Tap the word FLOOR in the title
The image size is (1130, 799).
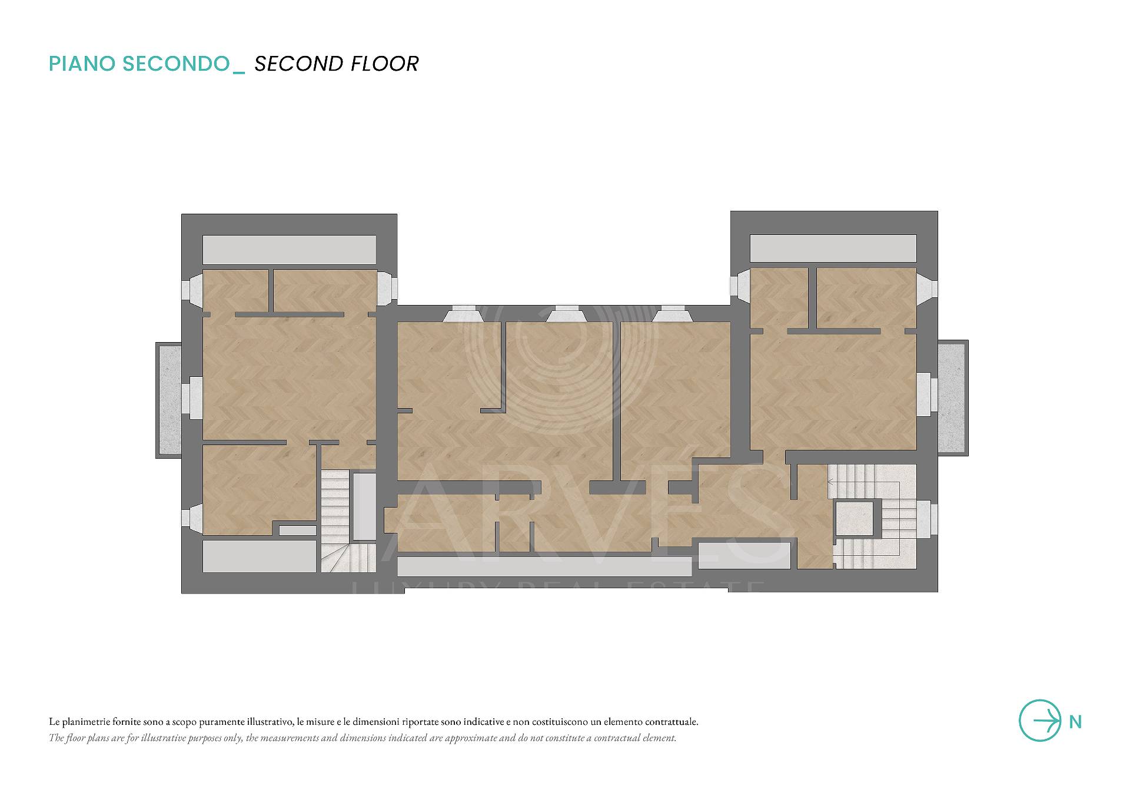point(384,64)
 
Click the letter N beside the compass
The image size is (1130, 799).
point(1075,722)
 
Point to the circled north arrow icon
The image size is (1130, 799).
point(1040,720)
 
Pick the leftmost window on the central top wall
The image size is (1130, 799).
point(463,315)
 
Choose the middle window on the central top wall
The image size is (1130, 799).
point(567,315)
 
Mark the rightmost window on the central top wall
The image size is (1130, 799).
point(672,315)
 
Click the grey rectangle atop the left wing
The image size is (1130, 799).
point(289,250)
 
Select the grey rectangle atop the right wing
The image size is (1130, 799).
point(833,248)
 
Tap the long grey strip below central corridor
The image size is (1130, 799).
point(544,566)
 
